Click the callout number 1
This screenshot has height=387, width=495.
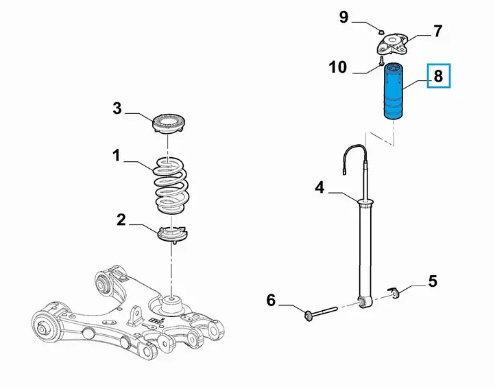[x=117, y=156]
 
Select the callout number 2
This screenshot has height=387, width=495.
[x=121, y=220]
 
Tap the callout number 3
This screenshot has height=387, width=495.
[x=117, y=108]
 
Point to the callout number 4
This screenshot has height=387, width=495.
[x=319, y=187]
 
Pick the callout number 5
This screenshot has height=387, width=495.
[x=433, y=281]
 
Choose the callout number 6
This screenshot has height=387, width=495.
[x=271, y=300]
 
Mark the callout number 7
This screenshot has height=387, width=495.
[x=437, y=32]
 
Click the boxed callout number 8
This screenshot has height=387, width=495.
[x=439, y=75]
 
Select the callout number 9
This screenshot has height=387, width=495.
[x=343, y=16]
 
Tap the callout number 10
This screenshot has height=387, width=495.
[x=338, y=67]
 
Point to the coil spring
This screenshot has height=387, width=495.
[x=171, y=186]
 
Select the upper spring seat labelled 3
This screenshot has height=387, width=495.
[x=168, y=124]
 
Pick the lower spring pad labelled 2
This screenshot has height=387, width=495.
[x=172, y=234]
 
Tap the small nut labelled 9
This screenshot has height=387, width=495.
[x=381, y=32]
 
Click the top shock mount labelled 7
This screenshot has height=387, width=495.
[x=392, y=45]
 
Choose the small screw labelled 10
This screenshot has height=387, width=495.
[x=381, y=61]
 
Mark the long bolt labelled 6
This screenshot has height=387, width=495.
[x=320, y=312]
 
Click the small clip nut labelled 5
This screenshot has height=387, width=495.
[x=394, y=292]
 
